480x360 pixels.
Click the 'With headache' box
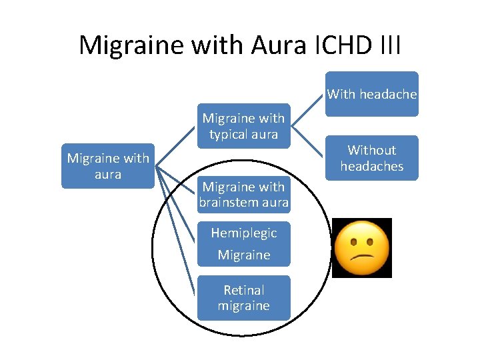(371, 94)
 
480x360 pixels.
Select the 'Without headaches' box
(371, 158)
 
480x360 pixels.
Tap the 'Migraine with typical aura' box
(243, 126)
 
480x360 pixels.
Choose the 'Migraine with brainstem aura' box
(243, 194)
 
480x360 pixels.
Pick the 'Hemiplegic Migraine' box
(243, 243)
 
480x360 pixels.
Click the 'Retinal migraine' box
(243, 298)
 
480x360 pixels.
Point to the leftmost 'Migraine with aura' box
(108, 166)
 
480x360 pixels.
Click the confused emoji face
(361, 247)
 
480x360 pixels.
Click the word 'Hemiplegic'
(243, 233)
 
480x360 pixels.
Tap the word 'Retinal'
(243, 290)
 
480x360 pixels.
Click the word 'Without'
(371, 150)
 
